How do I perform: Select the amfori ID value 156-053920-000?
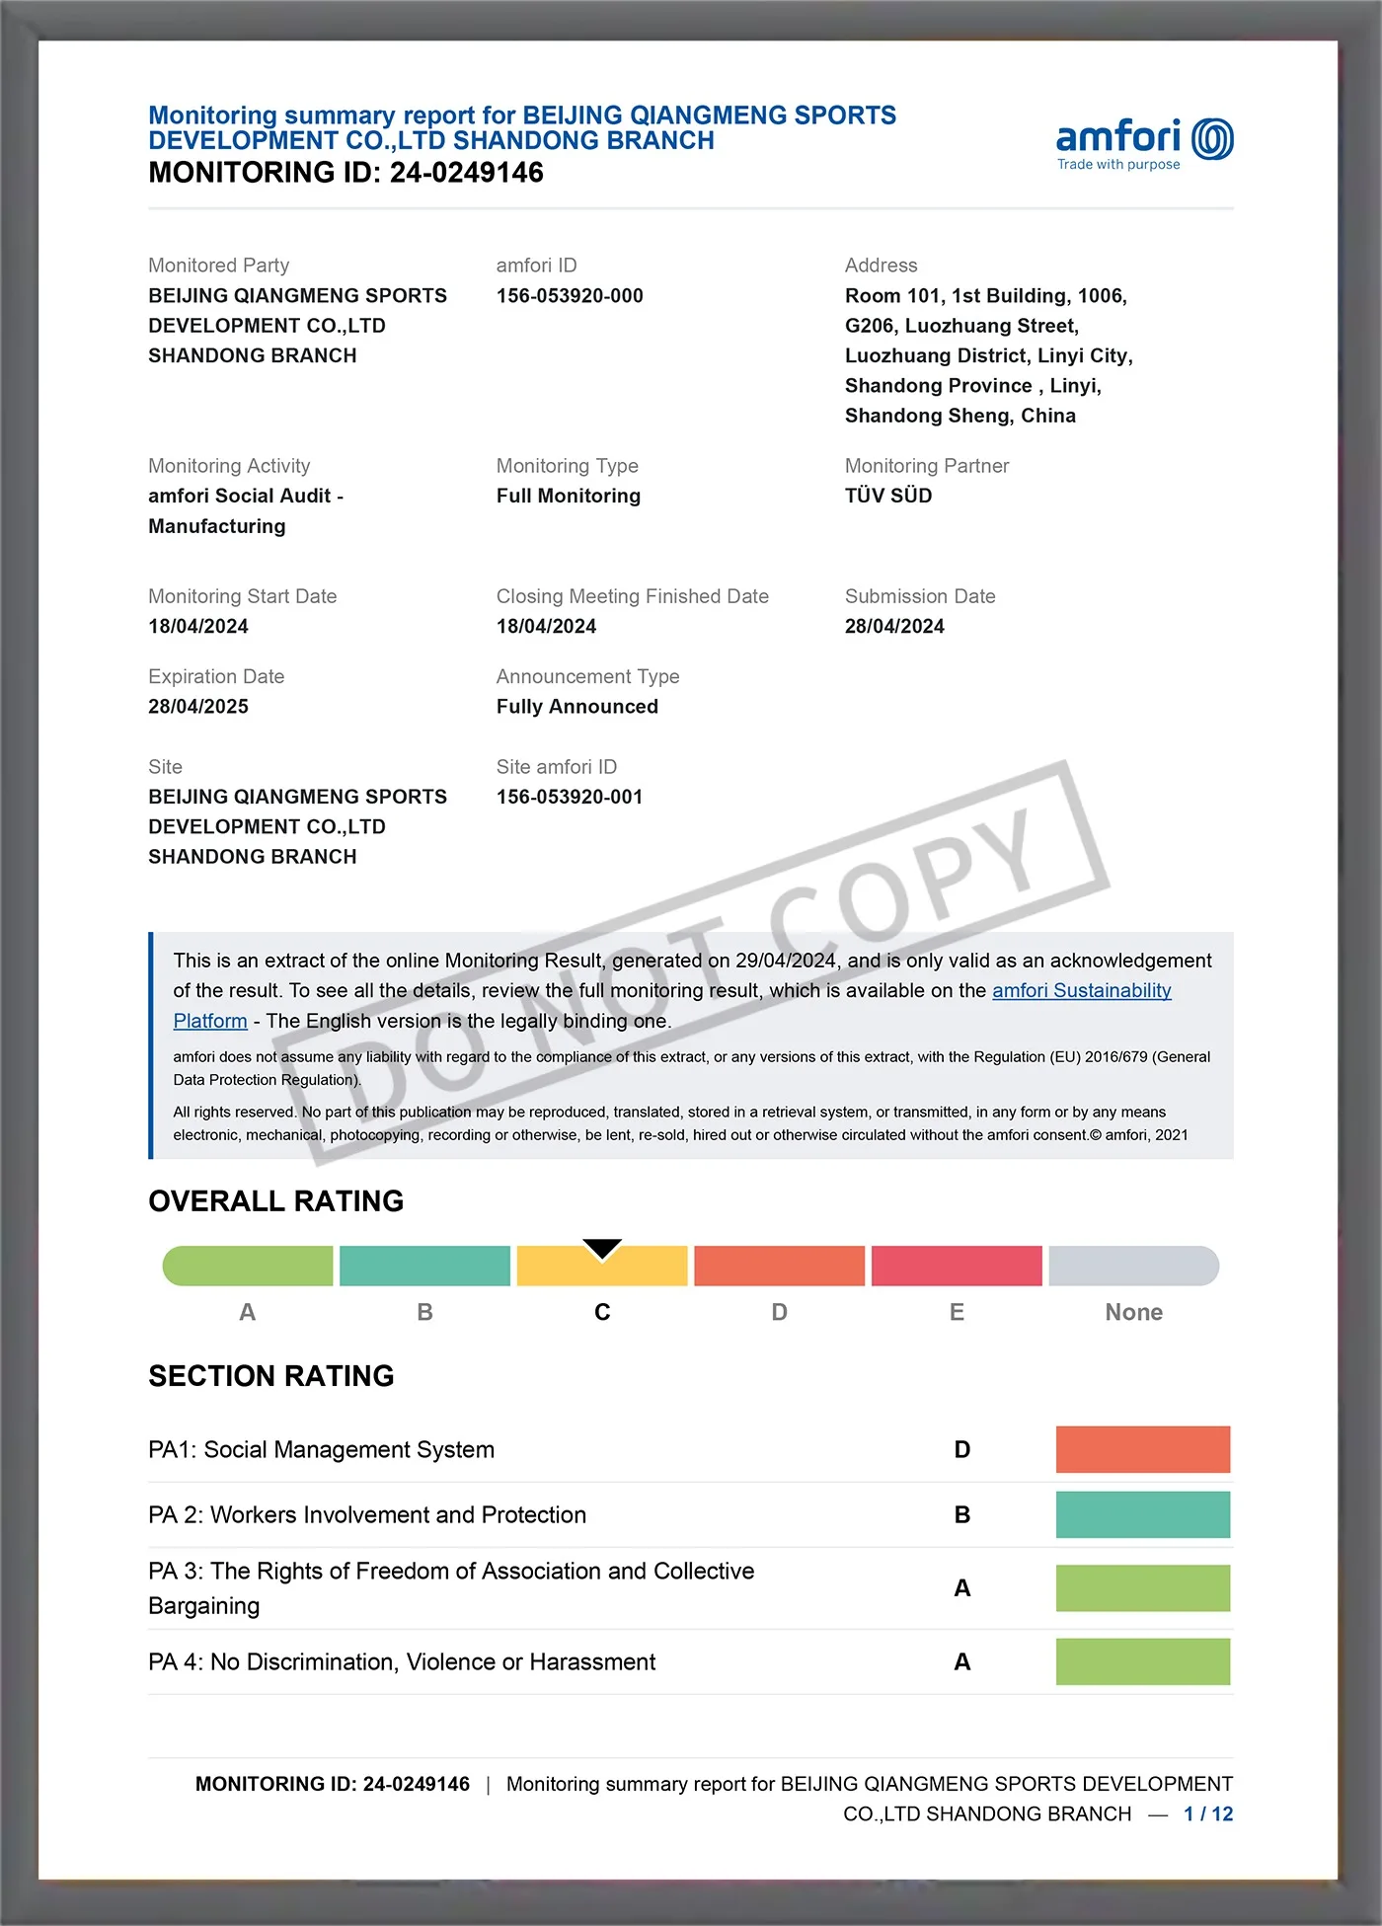coord(570,296)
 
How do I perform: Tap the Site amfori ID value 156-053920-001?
coord(570,797)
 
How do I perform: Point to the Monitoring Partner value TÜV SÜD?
coord(888,496)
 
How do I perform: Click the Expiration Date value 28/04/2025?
coord(198,707)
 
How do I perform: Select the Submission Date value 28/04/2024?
coord(894,626)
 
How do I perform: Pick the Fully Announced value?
coord(577,707)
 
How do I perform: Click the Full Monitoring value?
coord(569,496)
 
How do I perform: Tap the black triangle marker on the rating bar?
coord(602,1249)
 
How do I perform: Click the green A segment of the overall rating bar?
coord(248,1267)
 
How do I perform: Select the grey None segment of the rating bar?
coord(1133,1267)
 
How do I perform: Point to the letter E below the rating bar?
coord(957,1312)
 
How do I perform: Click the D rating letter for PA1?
coord(962,1449)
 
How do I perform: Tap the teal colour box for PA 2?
coord(1143,1514)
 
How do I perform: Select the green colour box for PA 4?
coord(1143,1661)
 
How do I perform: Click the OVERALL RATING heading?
coord(276,1201)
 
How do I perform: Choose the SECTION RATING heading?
coord(271,1376)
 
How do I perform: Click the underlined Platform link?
coord(210,1021)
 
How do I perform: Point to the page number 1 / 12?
coord(1208,1813)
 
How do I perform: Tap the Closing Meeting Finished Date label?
coord(633,596)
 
